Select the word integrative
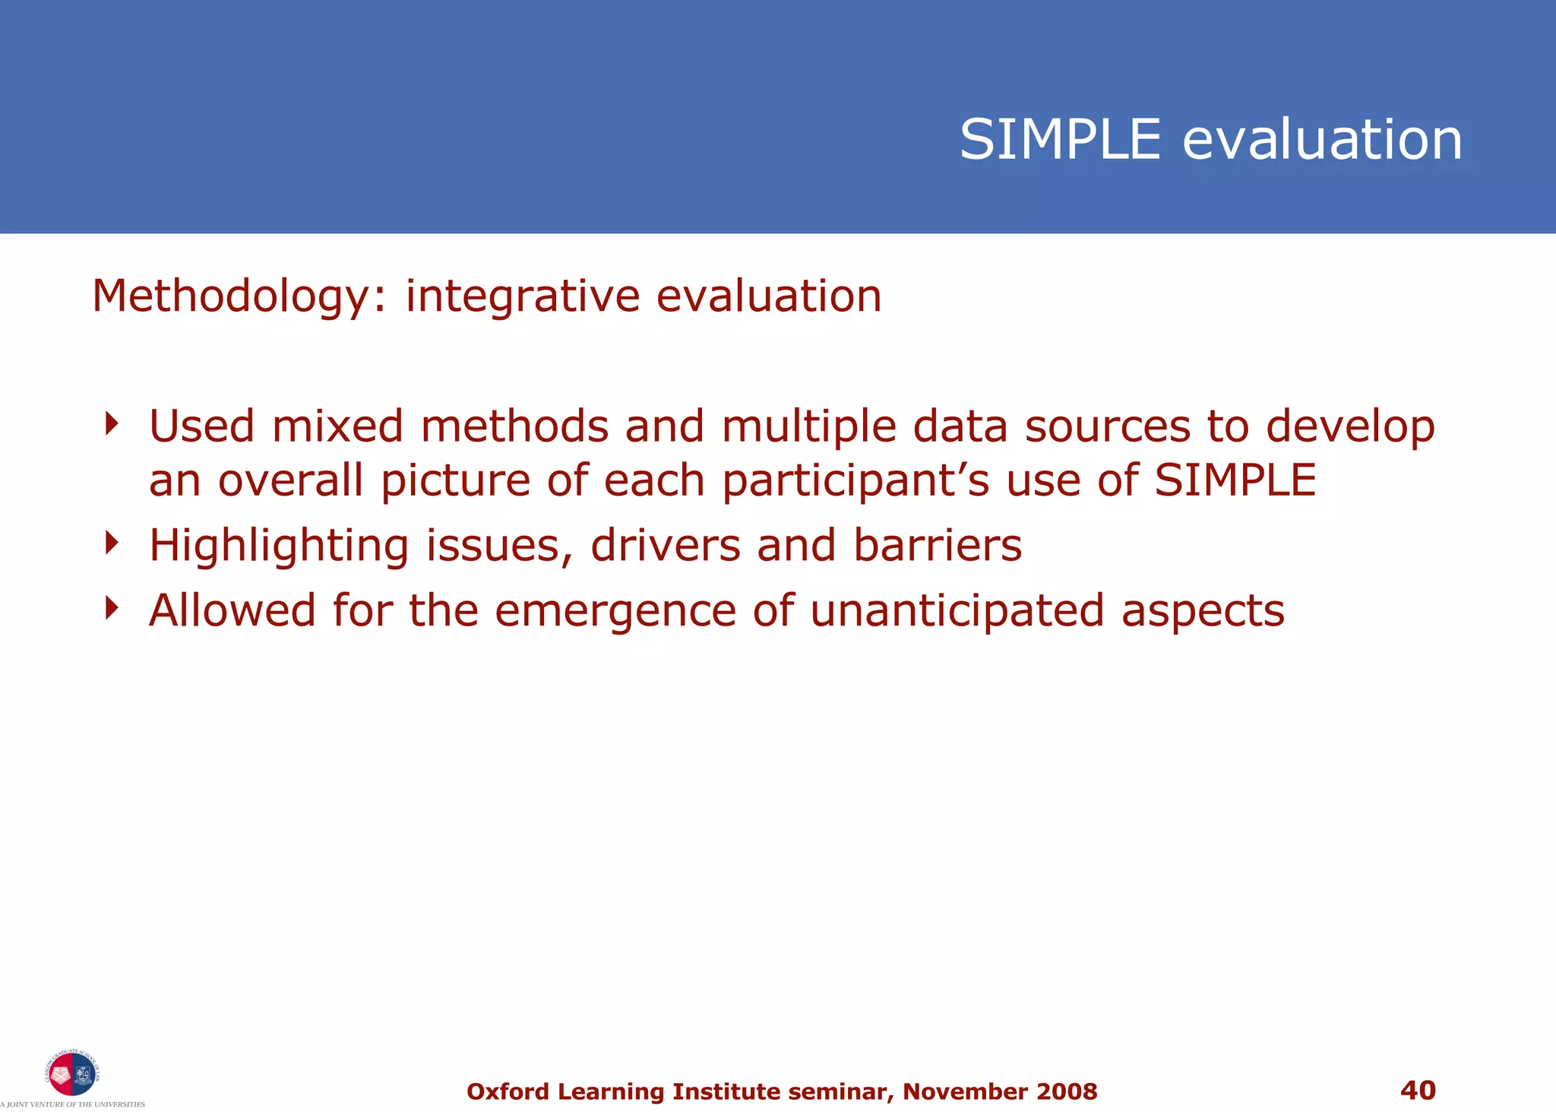click(522, 296)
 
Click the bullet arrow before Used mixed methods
click(112, 423)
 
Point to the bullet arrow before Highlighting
click(112, 543)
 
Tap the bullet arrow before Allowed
click(112, 608)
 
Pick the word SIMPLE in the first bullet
click(1235, 480)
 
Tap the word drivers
click(665, 546)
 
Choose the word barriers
click(938, 546)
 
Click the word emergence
click(615, 612)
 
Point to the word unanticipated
click(957, 612)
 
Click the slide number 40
click(1418, 1090)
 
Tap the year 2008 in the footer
click(1067, 1091)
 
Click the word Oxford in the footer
click(508, 1091)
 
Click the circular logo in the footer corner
click(71, 1073)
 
